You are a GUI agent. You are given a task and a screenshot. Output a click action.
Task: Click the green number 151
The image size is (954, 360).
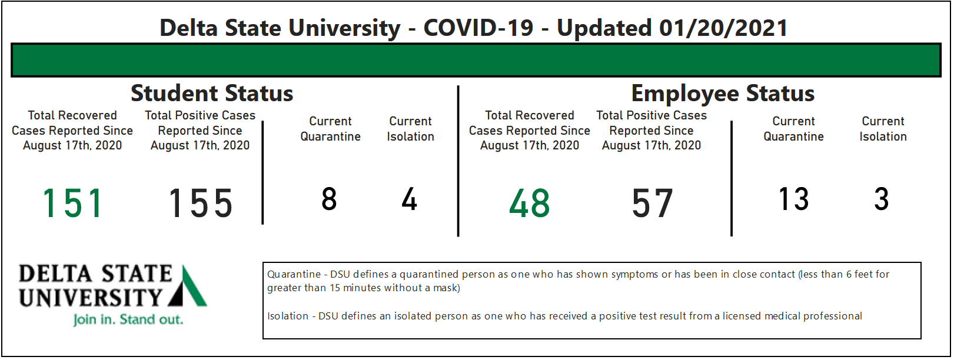tap(72, 204)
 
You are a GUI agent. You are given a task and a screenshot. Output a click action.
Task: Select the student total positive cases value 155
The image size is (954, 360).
tap(200, 204)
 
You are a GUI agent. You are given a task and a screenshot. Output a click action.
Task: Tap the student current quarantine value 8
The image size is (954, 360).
tap(329, 199)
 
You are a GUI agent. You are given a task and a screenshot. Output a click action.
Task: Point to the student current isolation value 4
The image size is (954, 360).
tap(409, 199)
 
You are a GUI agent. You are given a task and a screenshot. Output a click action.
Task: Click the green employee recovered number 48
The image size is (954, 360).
tap(530, 204)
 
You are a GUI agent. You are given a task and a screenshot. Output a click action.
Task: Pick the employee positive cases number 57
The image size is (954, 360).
tap(652, 204)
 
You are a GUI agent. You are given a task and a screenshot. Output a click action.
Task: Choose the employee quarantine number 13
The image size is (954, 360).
tap(793, 199)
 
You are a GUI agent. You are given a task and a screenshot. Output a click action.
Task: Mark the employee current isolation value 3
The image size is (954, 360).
tap(882, 199)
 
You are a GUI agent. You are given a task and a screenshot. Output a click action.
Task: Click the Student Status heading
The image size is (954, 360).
tap(212, 93)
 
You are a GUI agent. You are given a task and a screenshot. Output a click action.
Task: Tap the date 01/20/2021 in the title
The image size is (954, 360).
tap(723, 28)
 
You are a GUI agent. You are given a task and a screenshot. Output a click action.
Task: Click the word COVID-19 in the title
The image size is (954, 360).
tap(478, 28)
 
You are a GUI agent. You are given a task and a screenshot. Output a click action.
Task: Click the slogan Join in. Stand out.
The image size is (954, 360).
tap(128, 319)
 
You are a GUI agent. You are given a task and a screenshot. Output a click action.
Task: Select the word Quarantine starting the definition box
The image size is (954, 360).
tap(294, 275)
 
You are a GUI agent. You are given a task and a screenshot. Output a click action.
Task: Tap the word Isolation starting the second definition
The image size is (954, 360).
tap(288, 316)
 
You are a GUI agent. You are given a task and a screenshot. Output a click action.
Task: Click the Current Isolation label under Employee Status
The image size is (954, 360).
tap(883, 129)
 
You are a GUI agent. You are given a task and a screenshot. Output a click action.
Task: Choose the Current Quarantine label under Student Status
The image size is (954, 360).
tap(331, 129)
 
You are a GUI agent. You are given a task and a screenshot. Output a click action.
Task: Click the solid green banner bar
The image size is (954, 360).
tap(476, 60)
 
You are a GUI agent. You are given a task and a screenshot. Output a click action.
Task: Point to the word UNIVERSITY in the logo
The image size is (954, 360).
tap(90, 298)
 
